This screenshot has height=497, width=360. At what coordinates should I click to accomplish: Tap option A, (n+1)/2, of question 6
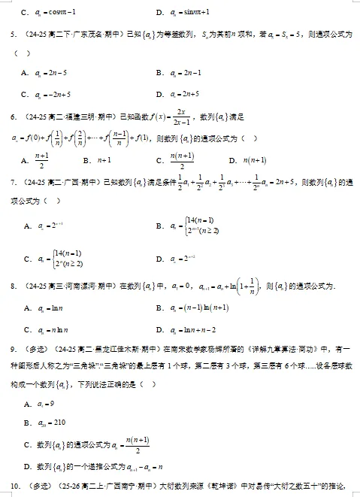(x=42, y=161)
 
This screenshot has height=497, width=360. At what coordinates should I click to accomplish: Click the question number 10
(x=14, y=485)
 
